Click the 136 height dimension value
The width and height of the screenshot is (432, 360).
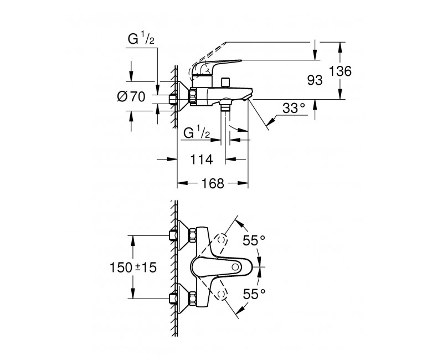point(341,71)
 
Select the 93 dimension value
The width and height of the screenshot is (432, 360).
point(315,80)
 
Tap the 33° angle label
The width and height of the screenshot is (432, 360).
point(294,108)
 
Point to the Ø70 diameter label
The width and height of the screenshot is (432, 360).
point(131,97)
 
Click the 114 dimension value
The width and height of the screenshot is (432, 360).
point(202,160)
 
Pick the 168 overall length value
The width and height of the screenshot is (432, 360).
point(213,183)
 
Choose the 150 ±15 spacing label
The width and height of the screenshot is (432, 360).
point(133,267)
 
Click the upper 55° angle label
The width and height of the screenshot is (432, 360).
point(254,240)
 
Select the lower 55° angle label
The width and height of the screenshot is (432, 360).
point(254,294)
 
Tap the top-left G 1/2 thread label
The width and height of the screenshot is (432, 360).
point(141,39)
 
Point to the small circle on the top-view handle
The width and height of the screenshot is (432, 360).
point(235,267)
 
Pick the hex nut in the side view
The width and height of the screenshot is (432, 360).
point(193,96)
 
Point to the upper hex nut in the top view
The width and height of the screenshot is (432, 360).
point(192,235)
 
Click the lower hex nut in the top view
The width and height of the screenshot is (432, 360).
point(192,299)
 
